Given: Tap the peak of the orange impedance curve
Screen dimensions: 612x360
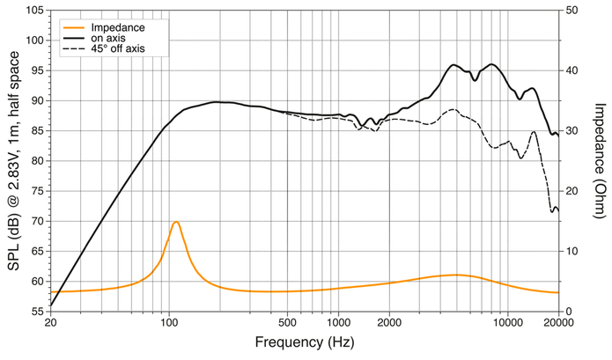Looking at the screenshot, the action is pos(176,222).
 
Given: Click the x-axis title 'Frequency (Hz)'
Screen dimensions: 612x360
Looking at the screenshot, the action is pos(305,342).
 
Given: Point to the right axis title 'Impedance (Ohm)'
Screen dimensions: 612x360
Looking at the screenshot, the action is pos(601,160).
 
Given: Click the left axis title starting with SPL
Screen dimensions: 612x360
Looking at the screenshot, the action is pos(13,160).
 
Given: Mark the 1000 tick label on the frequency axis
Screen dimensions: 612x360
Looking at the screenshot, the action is pos(338,322).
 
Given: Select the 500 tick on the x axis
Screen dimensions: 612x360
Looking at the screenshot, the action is pos(288,322).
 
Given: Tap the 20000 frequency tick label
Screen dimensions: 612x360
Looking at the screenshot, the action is pos(558,322).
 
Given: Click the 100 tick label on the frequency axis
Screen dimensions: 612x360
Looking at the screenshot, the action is pos(169,322).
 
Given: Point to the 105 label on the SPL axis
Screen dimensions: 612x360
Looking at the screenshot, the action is pos(35,11).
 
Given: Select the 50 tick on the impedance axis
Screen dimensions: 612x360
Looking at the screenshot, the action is pos(571,11).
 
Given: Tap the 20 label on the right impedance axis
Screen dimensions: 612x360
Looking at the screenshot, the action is pos(571,191).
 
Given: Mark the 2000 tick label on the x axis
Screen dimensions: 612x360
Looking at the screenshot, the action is pos(389,322).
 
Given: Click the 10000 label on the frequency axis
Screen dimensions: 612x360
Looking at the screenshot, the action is pos(508,322).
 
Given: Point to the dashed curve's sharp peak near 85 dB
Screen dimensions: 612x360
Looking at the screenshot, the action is pos(534,132).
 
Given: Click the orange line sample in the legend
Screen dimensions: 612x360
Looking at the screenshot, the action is pos(73,27).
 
